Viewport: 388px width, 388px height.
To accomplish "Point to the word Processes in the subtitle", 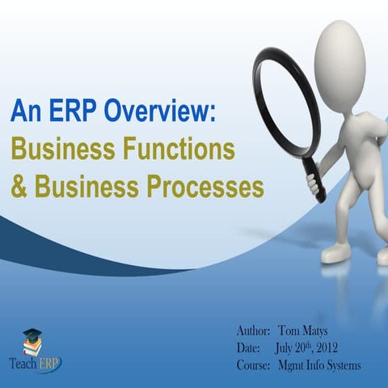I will tap(206, 188).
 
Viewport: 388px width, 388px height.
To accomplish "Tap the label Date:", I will tap(249, 348).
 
